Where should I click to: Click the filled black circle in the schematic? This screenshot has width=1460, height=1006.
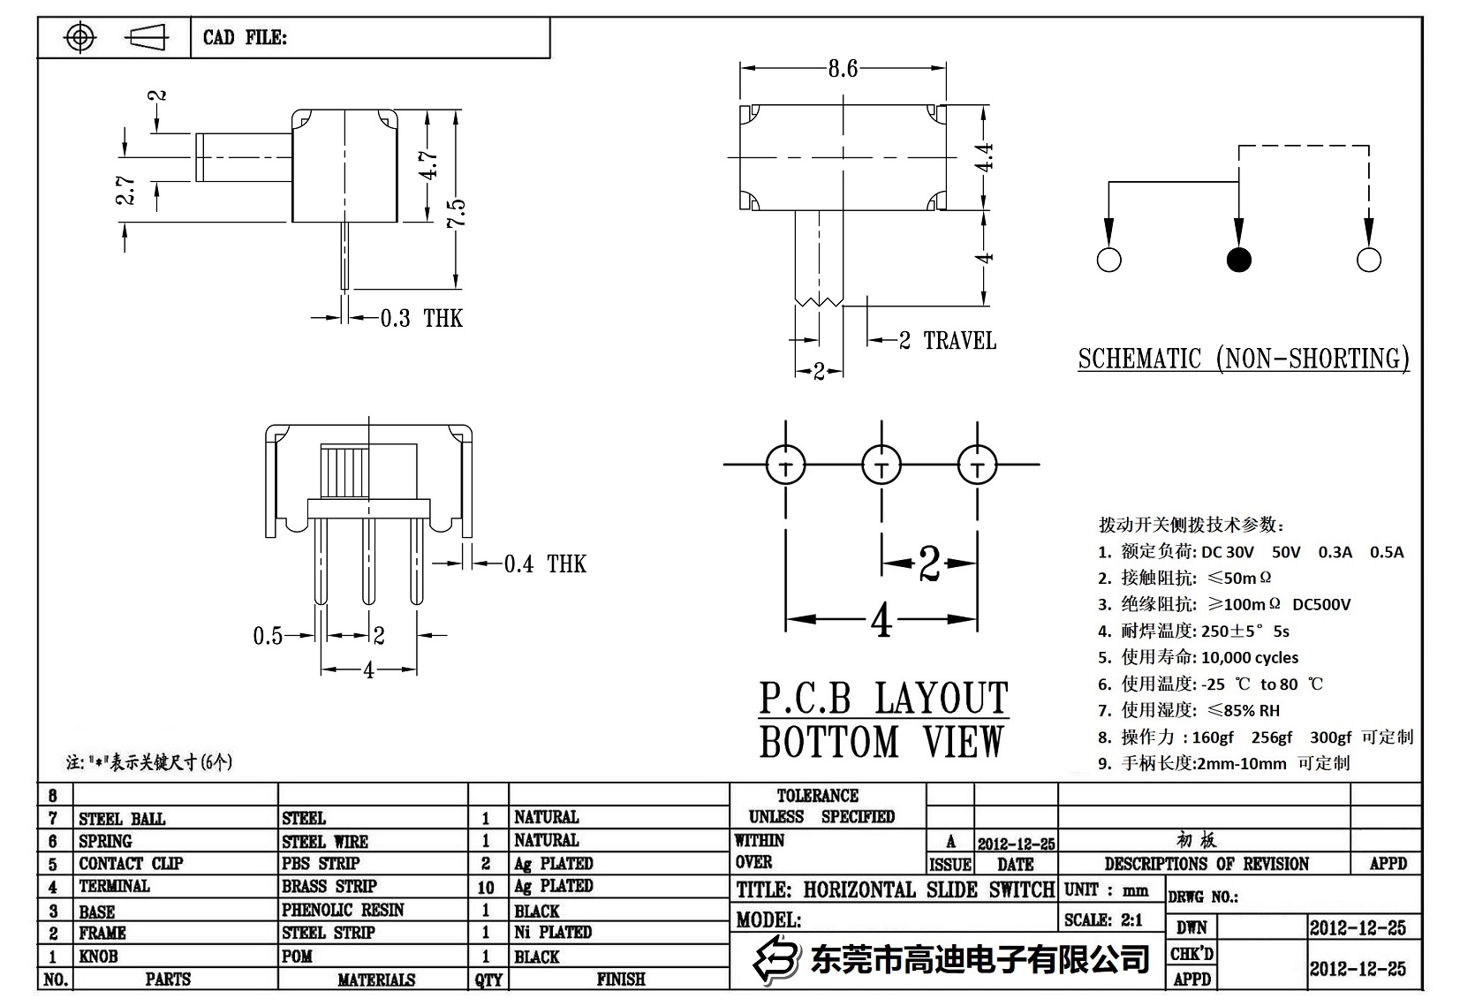[1238, 260]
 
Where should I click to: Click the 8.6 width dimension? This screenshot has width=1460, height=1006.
[843, 69]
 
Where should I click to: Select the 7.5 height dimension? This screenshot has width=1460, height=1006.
[456, 213]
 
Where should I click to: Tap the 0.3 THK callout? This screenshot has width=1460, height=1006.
[420, 318]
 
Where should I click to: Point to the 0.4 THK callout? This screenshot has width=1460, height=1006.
[544, 564]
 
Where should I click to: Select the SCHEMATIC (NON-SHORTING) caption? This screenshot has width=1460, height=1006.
[1243, 359]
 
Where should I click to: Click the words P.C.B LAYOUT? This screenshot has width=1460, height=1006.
[883, 699]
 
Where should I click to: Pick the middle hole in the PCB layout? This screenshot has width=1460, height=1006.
[881, 464]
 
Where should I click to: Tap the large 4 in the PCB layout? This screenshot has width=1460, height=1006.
[881, 621]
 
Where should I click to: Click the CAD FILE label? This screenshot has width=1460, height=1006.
[245, 37]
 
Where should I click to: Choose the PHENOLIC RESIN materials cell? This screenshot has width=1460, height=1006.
[343, 910]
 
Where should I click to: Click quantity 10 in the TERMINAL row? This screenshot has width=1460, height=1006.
[486, 886]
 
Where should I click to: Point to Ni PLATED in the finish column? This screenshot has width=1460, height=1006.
[553, 932]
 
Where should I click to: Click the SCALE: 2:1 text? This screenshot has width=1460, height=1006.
[1103, 920]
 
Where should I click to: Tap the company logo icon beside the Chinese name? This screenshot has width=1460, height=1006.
[775, 958]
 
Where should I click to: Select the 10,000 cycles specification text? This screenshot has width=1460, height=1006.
[1250, 657]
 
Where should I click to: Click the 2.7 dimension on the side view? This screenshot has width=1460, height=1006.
[126, 189]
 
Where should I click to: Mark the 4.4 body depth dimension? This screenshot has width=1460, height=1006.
[984, 157]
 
